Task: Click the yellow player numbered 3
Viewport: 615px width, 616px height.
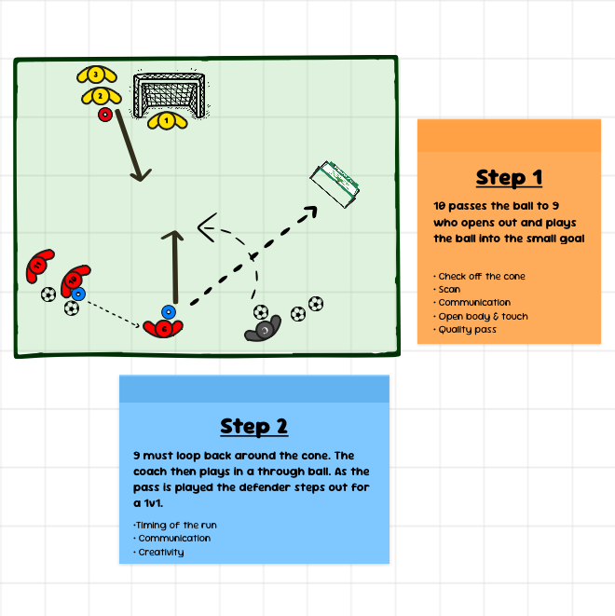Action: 96,75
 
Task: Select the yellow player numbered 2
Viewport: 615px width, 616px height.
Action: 101,96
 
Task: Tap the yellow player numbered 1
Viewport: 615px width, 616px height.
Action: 167,120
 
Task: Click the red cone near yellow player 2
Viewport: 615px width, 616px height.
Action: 105,115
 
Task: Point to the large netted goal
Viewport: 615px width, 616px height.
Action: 170,94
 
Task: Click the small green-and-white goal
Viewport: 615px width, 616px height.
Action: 335,184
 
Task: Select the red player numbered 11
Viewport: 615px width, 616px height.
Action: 38,266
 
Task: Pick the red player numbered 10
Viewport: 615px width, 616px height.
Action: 74,280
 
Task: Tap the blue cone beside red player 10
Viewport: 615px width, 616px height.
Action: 78,294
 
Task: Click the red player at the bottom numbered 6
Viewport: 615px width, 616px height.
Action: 163,328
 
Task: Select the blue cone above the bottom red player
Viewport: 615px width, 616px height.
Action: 169,312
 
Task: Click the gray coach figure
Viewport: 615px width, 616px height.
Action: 264,329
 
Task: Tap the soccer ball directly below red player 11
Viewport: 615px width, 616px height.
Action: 48,294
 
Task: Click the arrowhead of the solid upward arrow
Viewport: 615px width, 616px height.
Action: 172,235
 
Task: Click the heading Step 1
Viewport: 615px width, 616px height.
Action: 509,178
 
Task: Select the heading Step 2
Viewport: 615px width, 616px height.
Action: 254,426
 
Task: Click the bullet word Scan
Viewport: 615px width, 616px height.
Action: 449,290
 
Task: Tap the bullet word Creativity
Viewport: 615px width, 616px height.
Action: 161,552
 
